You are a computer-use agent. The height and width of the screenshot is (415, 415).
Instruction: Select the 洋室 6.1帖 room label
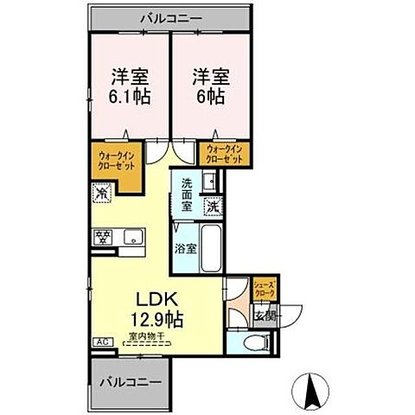tap(129, 84)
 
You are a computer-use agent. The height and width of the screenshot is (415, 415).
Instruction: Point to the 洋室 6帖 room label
tap(208, 84)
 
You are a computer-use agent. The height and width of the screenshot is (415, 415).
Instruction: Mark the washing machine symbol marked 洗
tap(213, 207)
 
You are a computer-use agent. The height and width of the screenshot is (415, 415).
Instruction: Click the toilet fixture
tap(254, 342)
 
